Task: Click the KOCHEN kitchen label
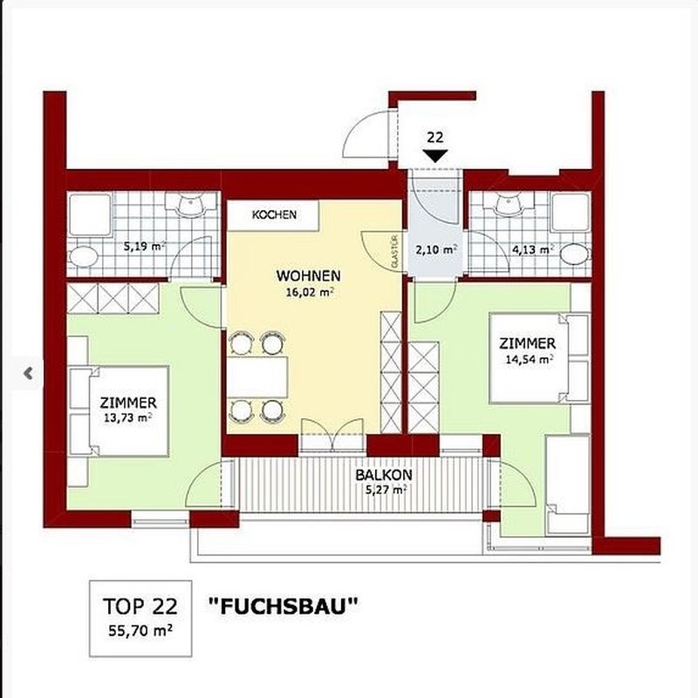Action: coord(274,214)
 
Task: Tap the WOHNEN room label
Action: coord(309,275)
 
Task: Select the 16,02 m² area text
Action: coord(311,293)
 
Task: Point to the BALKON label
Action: coord(384,475)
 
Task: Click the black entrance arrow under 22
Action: coord(435,156)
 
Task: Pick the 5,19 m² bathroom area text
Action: coord(145,246)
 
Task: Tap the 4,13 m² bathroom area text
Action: coord(533,249)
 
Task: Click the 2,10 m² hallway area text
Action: coord(437,249)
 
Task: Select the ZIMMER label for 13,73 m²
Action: coord(128,403)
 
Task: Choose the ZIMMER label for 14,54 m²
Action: coord(527,343)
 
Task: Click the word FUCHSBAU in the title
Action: coord(284,606)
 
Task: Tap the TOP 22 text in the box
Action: coord(140,607)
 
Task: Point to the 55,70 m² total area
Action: coord(140,631)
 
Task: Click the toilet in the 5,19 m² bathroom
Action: coord(84,257)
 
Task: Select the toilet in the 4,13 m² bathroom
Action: coord(574,254)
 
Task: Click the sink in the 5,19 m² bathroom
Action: coord(191,204)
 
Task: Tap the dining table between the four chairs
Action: coord(258,377)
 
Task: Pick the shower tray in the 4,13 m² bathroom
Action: coord(571,212)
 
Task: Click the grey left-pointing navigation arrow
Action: coord(28,373)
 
